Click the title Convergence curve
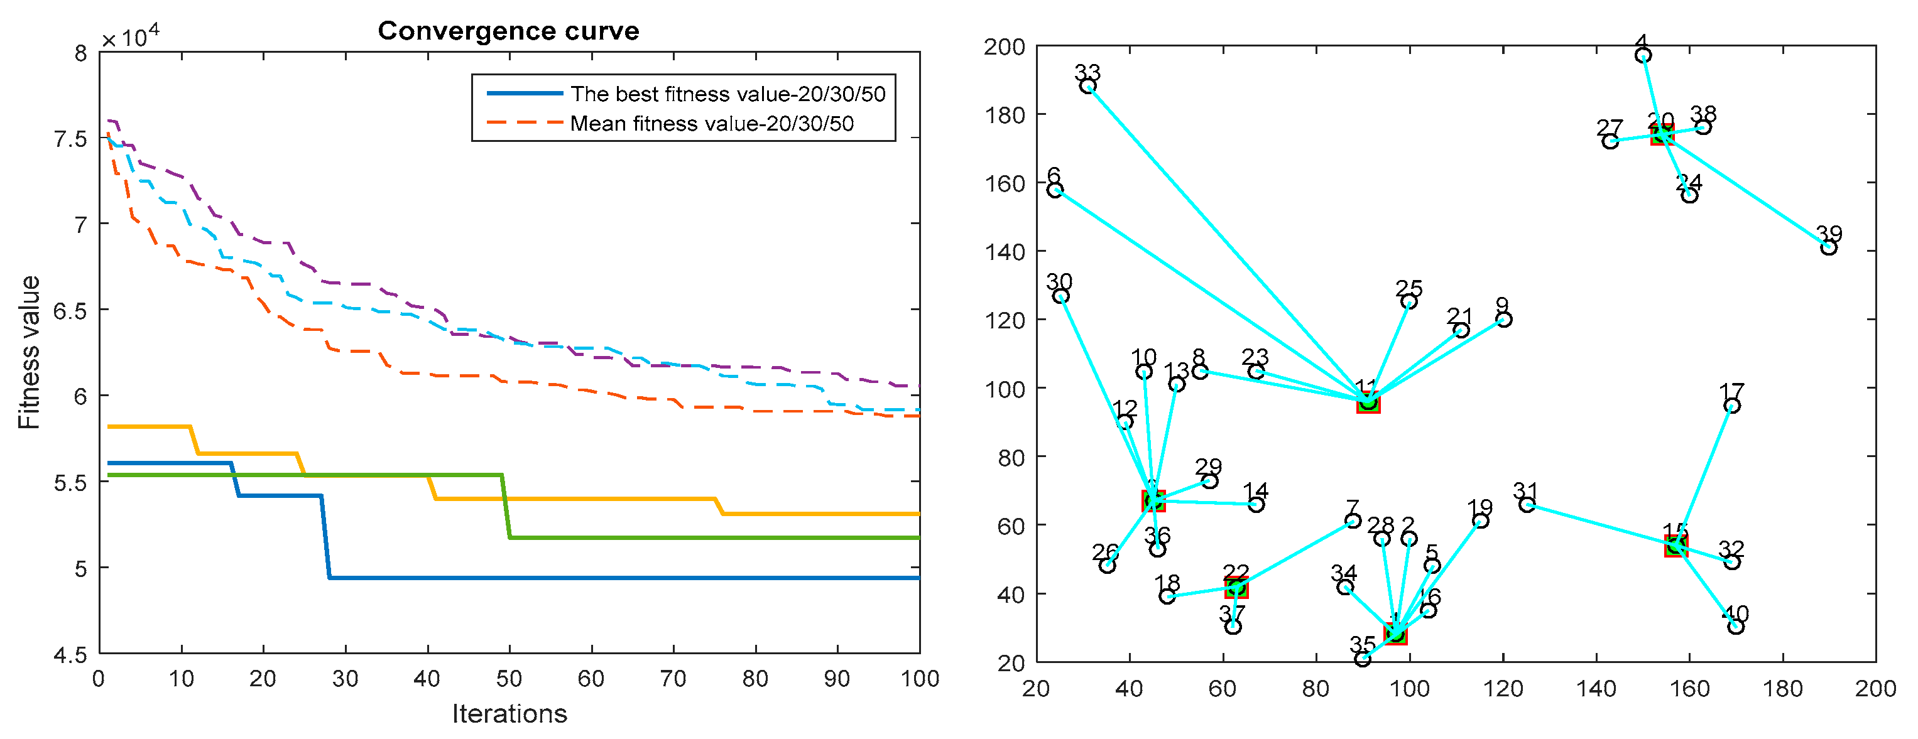coord(508,31)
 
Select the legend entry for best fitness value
coord(727,94)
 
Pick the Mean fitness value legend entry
coord(711,124)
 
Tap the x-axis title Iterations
coord(509,714)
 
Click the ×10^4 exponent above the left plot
coord(130,36)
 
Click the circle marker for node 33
coord(1087,86)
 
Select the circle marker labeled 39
coord(1829,248)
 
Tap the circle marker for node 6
coord(1055,190)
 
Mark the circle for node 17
coord(1732,406)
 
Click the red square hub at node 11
coord(1368,402)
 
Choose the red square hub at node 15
coord(1676,546)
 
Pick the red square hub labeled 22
coord(1236,588)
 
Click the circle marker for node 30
coord(1061,296)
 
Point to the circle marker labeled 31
coord(1527,505)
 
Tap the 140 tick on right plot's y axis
coord(1005,252)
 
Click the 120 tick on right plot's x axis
coord(1503,688)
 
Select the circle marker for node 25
coord(1409,301)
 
